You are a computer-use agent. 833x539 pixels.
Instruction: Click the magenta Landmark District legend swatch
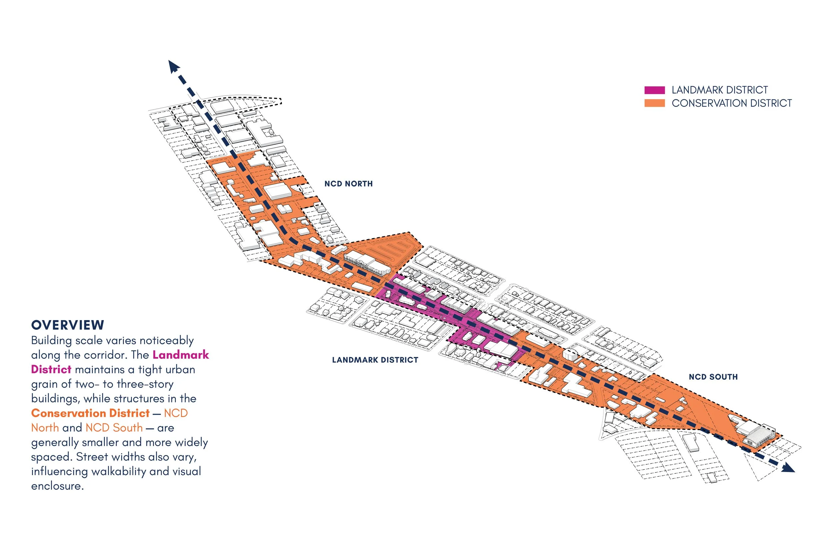654,90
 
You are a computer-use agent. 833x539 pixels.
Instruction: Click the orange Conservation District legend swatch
654,103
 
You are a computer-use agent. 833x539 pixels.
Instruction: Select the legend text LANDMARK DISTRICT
720,90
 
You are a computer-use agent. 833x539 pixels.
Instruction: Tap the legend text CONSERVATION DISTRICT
731,103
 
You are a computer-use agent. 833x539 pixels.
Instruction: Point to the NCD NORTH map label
349,184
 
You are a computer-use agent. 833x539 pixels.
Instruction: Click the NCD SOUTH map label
713,377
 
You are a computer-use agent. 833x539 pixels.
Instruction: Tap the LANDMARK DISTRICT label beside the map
375,360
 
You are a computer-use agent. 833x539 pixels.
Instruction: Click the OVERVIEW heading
68,325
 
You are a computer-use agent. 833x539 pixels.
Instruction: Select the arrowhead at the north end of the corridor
174,67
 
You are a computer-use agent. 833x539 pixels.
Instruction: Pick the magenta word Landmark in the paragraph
181,355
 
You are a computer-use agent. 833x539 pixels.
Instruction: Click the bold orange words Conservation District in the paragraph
90,413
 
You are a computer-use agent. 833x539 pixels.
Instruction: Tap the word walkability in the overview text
119,471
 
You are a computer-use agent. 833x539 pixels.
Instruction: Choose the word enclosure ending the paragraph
57,486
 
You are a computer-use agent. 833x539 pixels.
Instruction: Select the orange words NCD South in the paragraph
114,428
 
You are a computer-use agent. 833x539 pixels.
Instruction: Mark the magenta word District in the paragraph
51,369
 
